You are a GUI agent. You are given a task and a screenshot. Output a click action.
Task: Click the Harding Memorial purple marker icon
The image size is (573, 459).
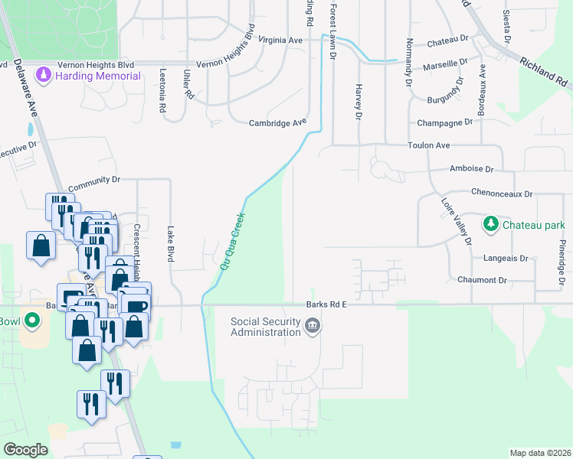(44, 76)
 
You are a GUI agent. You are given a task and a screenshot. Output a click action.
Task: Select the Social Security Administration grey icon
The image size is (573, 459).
(313, 327)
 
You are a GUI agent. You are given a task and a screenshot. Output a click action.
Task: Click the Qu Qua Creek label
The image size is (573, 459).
(233, 241)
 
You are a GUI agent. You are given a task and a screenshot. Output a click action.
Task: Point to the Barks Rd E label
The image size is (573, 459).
(327, 304)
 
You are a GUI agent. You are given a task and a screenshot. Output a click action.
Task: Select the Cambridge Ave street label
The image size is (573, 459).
(277, 122)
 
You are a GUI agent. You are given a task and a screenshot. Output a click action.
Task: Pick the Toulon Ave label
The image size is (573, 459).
(428, 145)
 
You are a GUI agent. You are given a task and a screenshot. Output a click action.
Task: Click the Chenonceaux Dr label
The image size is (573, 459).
(501, 194)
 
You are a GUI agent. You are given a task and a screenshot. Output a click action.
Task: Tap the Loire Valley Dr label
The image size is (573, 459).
(457, 222)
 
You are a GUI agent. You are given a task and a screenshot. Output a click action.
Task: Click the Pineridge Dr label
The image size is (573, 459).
(562, 261)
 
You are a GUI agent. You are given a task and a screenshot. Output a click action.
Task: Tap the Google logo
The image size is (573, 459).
(25, 450)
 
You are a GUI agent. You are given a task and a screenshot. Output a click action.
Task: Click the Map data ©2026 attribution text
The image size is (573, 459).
(540, 453)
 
